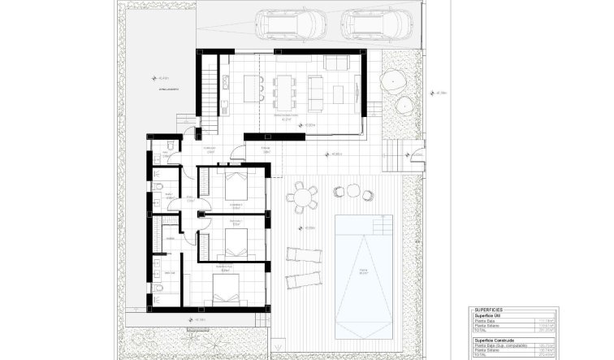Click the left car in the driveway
(x=291, y=24)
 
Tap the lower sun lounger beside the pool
(x=304, y=279)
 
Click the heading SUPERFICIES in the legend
(x=488, y=310)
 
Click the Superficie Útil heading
(x=491, y=316)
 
